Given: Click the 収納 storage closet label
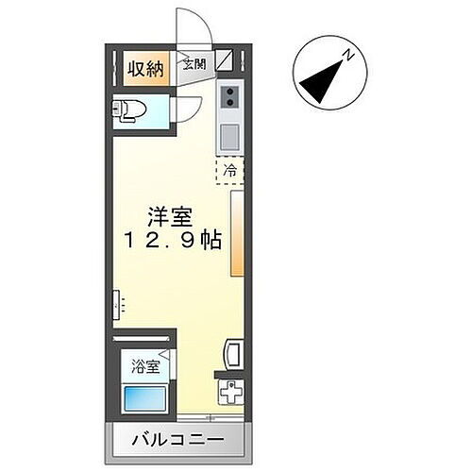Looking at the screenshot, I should [x=145, y=69].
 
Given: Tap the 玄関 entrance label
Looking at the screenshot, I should [x=193, y=64].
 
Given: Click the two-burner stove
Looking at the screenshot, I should [x=230, y=95].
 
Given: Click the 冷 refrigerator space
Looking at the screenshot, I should [x=230, y=172].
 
